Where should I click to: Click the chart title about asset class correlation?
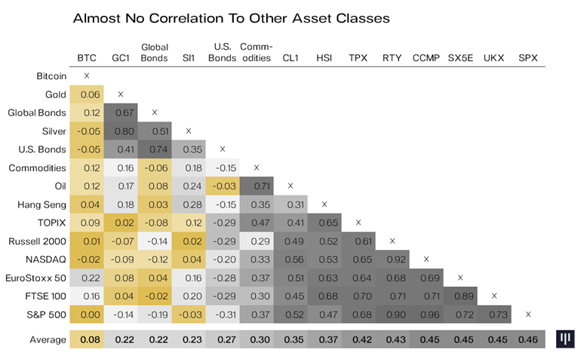[x=231, y=17]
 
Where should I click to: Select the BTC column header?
[x=87, y=58]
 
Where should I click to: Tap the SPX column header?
[x=528, y=58]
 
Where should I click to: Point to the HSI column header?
[x=324, y=58]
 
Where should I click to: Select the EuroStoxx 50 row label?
[x=36, y=278]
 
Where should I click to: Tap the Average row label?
[x=48, y=340]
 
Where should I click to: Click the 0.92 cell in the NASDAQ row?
[x=392, y=259]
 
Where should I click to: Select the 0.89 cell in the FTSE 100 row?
[x=460, y=296]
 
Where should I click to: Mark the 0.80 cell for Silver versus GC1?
[x=121, y=131]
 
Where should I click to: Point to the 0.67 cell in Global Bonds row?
[x=121, y=112]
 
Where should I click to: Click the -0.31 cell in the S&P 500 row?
[x=223, y=314]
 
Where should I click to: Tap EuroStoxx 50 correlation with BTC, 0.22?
[x=87, y=278]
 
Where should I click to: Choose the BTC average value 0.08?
[x=87, y=340]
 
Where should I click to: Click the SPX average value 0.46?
[x=528, y=340]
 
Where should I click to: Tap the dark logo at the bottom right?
[x=566, y=340]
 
